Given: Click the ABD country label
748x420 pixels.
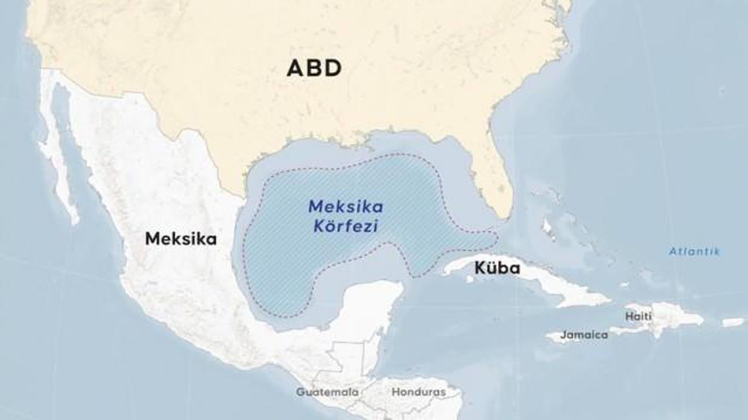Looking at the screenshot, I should tap(314, 68).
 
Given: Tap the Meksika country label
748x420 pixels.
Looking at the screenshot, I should tap(181, 239).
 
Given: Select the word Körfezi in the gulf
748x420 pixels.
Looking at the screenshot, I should tap(345, 226).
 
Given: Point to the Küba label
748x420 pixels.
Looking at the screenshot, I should tap(497, 269).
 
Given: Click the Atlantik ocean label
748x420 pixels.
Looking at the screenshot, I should tap(694, 252).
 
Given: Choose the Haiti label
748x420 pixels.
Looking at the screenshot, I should tap(638, 316).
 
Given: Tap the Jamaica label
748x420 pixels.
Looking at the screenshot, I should tap(584, 335).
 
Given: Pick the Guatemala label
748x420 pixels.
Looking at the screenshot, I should tap(327, 392).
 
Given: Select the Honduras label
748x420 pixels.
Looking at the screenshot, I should tap(418, 392).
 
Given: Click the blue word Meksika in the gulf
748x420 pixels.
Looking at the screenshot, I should tap(346, 206).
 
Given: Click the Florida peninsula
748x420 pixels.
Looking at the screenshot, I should tap(497, 175).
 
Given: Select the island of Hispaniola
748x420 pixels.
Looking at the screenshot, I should tap(672, 317).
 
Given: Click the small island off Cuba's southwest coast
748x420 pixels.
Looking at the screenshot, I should tap(469, 279).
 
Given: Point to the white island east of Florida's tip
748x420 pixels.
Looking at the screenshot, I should tap(548, 226).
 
